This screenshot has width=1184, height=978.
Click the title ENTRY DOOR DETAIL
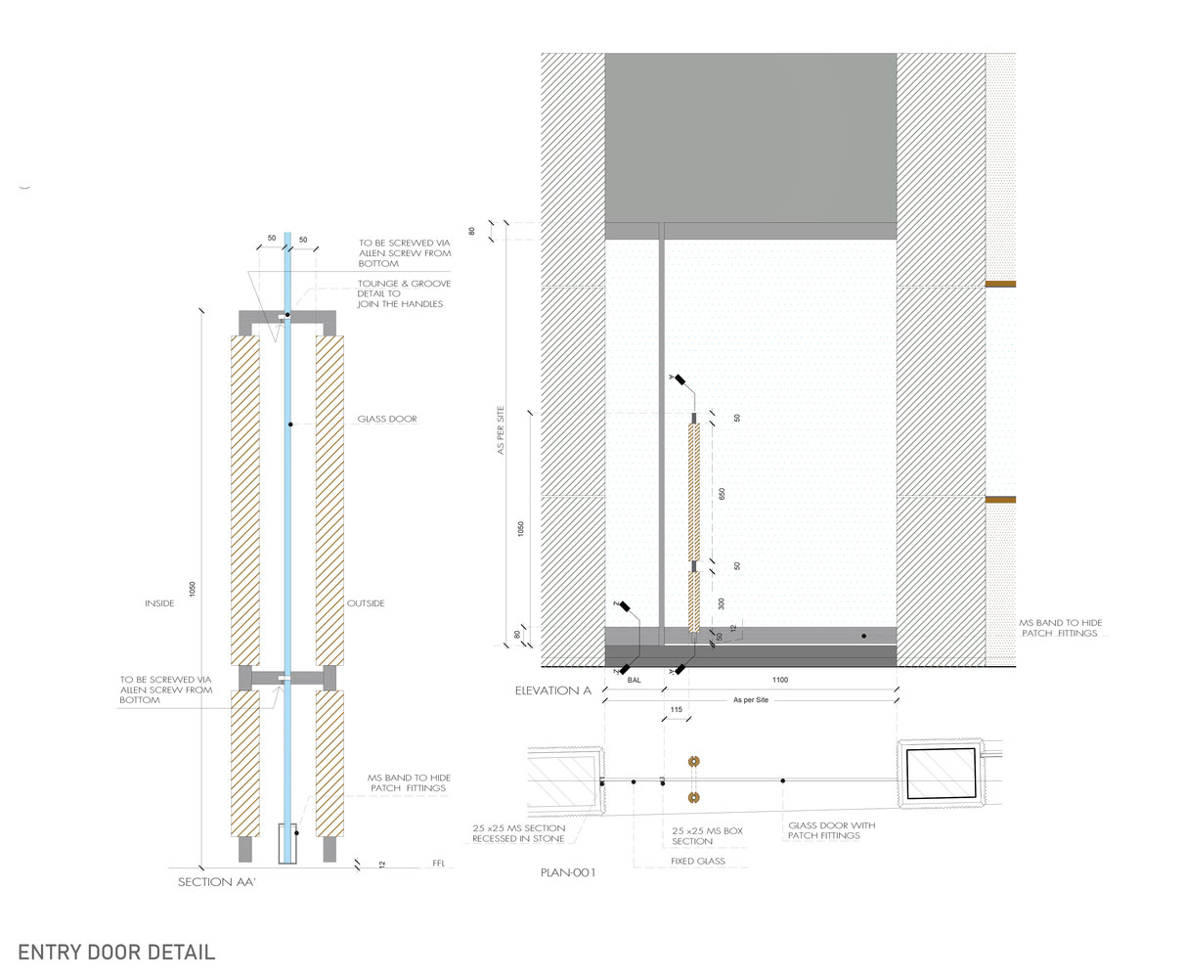coord(116,952)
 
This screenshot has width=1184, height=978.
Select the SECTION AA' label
coord(216,882)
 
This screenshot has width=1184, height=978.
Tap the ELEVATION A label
coord(553,690)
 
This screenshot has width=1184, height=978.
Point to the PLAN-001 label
coord(568,872)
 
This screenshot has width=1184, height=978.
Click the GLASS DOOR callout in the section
coord(387,420)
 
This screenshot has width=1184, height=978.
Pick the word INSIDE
coord(159,603)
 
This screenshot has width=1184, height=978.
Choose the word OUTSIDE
coord(366,603)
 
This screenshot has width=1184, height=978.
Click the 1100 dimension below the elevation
coord(779,680)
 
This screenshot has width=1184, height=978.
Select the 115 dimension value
coord(675,709)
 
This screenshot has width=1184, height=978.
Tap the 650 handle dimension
coord(723,494)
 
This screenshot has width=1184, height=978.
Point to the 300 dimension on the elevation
coord(723,603)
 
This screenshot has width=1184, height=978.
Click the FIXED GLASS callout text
coord(698,862)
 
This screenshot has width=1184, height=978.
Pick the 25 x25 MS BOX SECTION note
coord(708,835)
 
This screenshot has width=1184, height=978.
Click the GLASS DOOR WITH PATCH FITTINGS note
coord(832,830)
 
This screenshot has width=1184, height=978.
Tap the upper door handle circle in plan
coord(695,762)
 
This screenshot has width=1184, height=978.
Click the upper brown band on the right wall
coord(1000,285)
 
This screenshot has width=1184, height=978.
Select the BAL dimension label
coord(635,680)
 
